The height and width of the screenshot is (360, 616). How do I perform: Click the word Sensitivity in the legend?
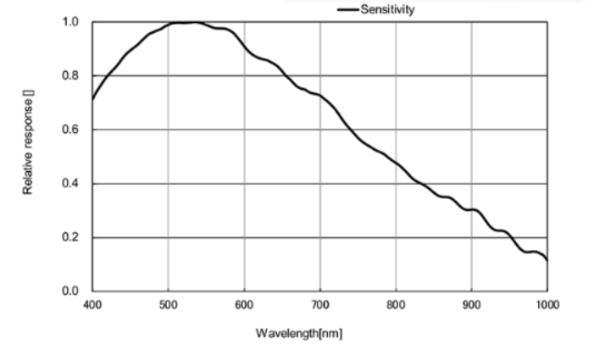click(x=388, y=9)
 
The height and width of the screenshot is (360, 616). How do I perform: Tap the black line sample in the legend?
click(x=348, y=9)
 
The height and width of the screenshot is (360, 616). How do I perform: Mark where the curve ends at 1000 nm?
click(x=547, y=261)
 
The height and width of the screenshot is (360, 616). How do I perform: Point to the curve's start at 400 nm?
click(x=92, y=99)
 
